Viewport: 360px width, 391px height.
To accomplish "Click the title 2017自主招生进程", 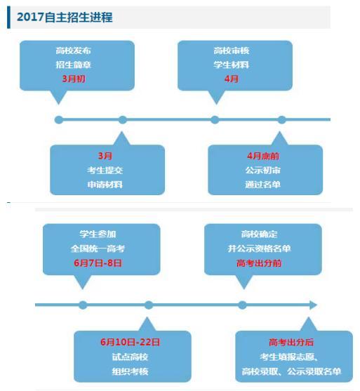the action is coord(65,17).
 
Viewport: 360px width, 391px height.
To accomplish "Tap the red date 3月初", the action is coord(74,79).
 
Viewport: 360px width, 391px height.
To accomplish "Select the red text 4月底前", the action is coord(263,156).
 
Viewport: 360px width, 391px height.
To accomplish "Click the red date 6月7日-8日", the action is coord(98,263).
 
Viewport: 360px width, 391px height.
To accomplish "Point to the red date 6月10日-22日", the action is coord(130,342).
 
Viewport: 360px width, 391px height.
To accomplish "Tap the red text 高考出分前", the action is coord(259,263).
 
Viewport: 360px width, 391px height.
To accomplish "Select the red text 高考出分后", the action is coord(291,342).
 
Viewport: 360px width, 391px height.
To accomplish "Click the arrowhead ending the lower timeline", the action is coord(314,305).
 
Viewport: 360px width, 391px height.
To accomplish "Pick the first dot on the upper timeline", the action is coord(59,120).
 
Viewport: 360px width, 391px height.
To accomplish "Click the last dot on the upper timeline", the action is coord(281,120).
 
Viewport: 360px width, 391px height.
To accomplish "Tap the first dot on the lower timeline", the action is coord(83,305).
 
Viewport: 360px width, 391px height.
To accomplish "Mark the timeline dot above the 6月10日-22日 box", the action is coord(149,305).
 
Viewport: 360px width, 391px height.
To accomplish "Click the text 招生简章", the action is coord(73,65).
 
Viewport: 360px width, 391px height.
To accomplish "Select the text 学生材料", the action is coord(231,65).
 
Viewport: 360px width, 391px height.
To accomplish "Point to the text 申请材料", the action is coord(105,185).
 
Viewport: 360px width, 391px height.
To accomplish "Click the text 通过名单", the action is coord(262,185).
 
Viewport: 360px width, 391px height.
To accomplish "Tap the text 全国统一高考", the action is coord(98,248).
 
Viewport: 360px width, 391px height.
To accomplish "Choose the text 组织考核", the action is coord(130,371).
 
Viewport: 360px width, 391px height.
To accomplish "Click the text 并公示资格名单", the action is coord(259,248).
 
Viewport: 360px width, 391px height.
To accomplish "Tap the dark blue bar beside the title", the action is coord(8,18).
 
